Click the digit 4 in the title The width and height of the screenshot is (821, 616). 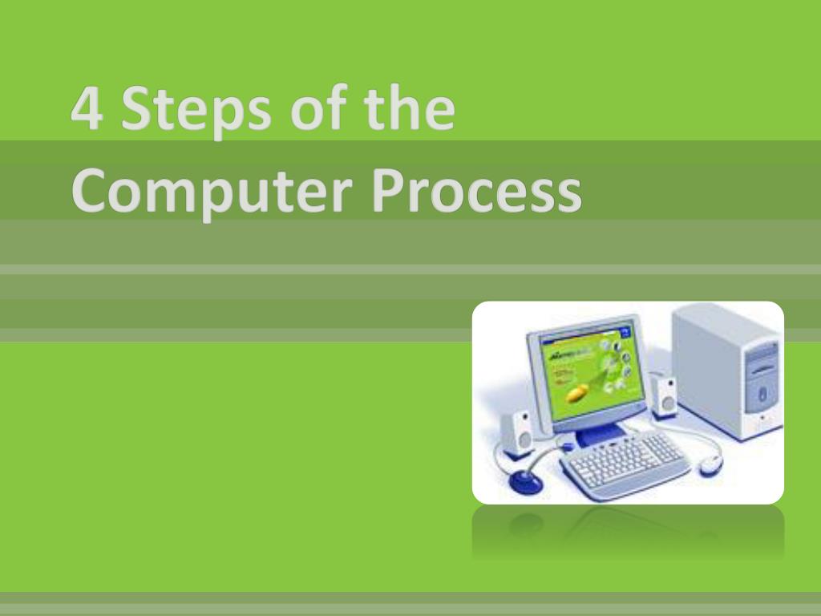[86, 112]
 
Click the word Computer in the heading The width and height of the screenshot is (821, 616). [212, 193]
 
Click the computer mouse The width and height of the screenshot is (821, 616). [710, 464]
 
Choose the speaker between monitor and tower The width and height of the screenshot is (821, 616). [664, 396]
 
